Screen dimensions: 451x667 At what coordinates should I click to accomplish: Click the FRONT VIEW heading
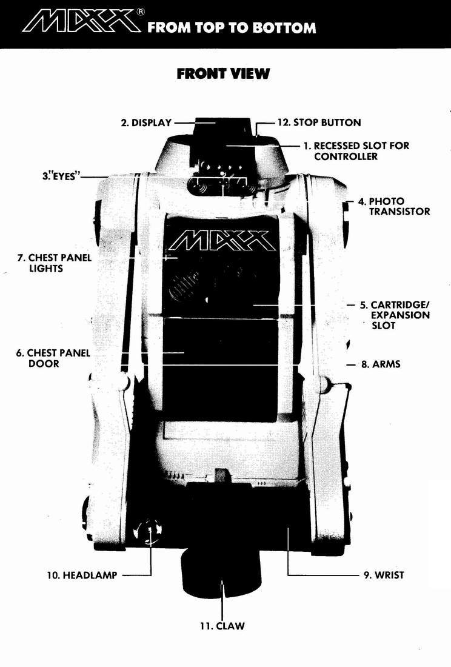(223, 73)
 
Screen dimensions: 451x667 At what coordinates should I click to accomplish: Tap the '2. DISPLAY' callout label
(146, 122)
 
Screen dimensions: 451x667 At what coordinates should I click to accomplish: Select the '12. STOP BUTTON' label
(319, 122)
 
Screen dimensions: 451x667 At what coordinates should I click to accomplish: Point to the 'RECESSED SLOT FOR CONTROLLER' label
(356, 151)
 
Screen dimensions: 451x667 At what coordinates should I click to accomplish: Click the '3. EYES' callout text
(59, 176)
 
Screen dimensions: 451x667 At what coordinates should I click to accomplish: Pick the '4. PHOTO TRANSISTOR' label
(394, 206)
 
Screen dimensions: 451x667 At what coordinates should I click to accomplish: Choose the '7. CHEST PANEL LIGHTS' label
(54, 263)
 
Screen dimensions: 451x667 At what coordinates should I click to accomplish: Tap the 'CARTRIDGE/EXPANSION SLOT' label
(395, 315)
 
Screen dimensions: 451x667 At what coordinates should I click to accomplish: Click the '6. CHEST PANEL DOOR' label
(53, 358)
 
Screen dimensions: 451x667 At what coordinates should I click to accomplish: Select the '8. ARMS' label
(381, 364)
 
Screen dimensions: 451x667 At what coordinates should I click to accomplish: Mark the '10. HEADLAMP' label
(82, 575)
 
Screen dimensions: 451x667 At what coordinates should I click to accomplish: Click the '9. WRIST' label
(384, 575)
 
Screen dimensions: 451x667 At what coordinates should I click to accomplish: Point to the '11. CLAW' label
(222, 626)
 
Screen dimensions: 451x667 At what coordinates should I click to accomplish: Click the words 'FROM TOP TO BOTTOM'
(232, 28)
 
